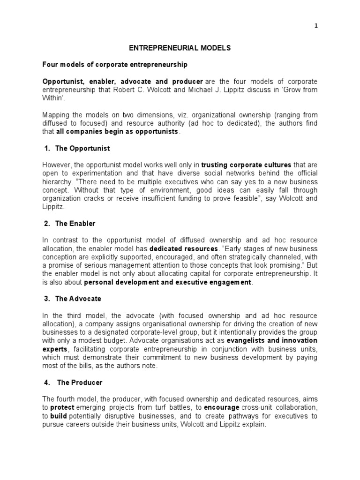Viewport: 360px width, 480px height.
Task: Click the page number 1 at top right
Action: tap(315, 26)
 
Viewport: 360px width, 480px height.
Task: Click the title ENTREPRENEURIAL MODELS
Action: tap(180, 48)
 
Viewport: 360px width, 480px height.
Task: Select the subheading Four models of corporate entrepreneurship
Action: tap(115, 64)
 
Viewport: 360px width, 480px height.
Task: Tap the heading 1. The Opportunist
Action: tap(77, 148)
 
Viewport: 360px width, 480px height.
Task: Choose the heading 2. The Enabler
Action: tap(70, 223)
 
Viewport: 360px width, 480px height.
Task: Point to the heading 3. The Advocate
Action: tap(73, 299)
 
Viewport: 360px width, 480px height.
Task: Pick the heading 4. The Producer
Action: tap(74, 382)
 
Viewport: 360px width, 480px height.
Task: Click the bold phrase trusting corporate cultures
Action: tap(246, 165)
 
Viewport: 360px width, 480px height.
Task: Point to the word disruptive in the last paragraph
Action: tap(122, 416)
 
